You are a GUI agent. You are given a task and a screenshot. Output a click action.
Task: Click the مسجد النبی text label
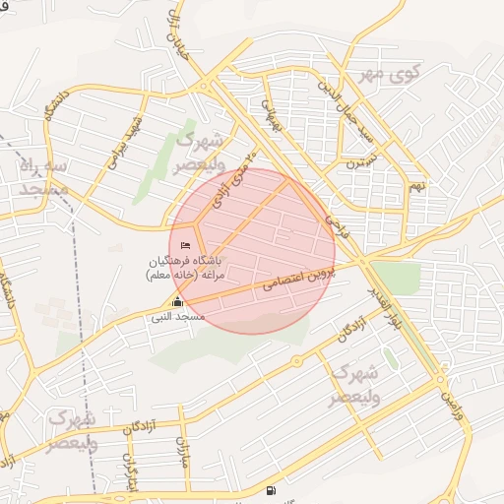point(177,317)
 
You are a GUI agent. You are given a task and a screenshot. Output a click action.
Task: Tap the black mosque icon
point(177,302)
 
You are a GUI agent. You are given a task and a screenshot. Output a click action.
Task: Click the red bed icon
point(186,245)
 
